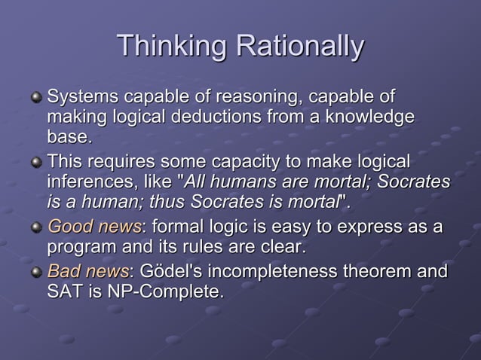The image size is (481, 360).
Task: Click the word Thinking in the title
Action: point(173,47)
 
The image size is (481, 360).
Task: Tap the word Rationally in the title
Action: point(299,47)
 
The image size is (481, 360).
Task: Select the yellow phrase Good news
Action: point(93,227)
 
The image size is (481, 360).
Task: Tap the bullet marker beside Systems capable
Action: point(35,99)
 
